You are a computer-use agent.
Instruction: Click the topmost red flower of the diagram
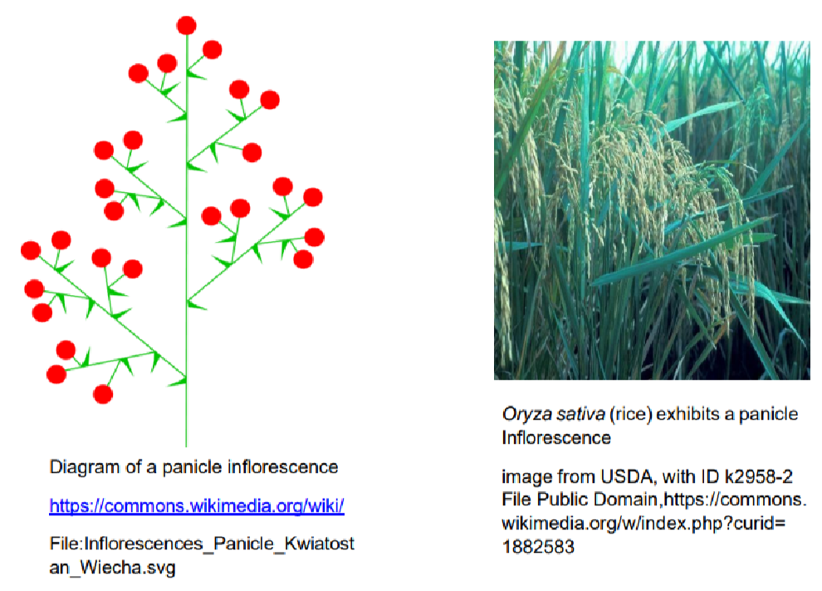[x=187, y=25]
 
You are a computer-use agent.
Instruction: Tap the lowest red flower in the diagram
[x=103, y=394]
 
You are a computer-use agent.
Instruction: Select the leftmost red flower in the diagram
[x=31, y=250]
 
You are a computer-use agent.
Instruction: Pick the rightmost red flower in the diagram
[x=315, y=237]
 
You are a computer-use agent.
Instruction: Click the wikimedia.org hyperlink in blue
[x=197, y=506]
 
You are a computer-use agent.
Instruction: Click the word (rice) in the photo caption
[x=631, y=414]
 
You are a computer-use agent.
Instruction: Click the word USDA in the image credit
[x=626, y=476]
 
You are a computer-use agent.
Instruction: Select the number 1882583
[x=538, y=547]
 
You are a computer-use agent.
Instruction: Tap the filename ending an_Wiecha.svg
[x=112, y=568]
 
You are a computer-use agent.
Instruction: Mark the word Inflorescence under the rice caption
[x=556, y=438]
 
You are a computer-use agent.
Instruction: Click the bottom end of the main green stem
[x=186, y=446]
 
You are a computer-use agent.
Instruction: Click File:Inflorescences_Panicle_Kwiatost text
[x=202, y=544]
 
